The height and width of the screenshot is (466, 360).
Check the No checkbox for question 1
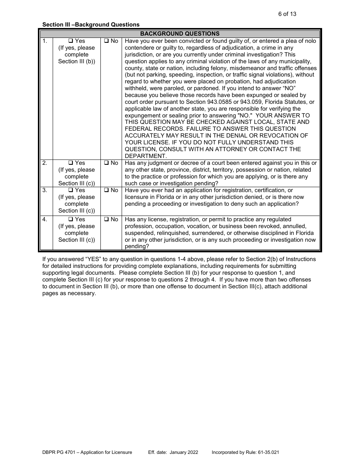(x=106, y=41)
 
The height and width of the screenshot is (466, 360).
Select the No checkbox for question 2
(x=106, y=163)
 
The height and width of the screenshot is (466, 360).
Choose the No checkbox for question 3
(x=106, y=190)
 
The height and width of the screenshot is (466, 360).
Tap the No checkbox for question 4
(x=106, y=219)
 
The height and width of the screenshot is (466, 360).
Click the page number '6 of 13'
(x=287, y=14)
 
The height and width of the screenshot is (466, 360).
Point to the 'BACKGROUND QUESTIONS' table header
(x=180, y=34)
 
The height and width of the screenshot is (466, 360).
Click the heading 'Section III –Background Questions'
(x=91, y=25)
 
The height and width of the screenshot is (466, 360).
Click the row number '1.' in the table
(x=45, y=41)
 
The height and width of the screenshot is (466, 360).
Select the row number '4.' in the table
(x=45, y=219)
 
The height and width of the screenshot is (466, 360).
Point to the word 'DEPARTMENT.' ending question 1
(x=146, y=156)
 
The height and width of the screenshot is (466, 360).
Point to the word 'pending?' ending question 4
(x=137, y=246)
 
